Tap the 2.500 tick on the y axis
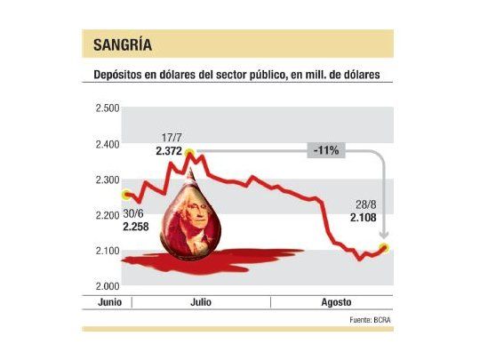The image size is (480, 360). coord(107,108)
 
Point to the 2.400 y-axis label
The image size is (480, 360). coord(107,143)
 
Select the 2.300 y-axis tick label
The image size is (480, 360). coord(107,180)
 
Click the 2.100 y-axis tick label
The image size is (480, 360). coord(107,251)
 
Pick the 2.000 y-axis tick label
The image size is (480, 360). coord(107,286)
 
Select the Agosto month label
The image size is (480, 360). coord(333,303)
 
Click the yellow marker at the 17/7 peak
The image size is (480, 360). coord(188,154)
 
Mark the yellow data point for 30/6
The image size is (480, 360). coord(127,195)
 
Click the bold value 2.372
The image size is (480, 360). coord(169,151)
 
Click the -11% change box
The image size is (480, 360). coord(325,151)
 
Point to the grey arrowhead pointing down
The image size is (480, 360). coord(384,236)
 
